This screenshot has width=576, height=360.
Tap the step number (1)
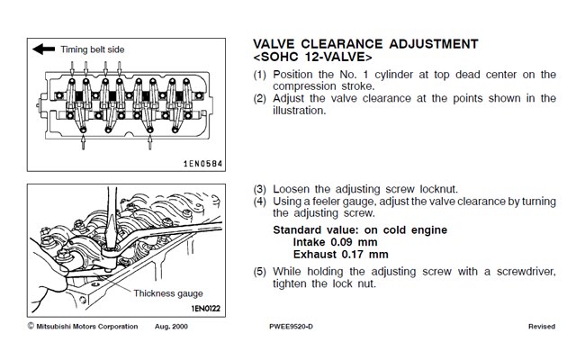[x=260, y=75]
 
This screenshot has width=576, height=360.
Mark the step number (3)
[x=260, y=189]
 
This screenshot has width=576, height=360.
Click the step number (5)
[x=260, y=271]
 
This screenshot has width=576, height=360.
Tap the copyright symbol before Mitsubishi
[x=31, y=324]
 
